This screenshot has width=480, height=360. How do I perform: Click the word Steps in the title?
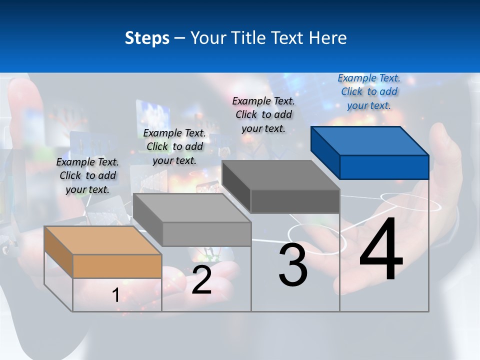pos(146,38)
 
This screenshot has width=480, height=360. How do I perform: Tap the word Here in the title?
pos(327,38)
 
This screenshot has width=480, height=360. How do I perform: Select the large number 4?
pos(381,250)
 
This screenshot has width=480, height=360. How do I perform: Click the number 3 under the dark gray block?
pos(293,265)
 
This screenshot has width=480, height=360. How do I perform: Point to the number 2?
pos(201,280)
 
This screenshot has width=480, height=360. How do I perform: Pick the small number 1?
pos(115,295)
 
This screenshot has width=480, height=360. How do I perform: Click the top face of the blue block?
pos(370,140)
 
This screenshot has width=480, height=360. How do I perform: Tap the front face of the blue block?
pos(384,167)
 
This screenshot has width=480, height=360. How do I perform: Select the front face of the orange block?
pos(117,266)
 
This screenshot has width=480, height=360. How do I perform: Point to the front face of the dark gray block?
pos(295,201)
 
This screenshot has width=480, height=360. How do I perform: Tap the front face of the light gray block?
pos(206,234)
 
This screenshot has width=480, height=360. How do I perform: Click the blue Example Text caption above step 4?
pos(369,91)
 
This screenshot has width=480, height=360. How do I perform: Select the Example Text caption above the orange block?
pos(87,175)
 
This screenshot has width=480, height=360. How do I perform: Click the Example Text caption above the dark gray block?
pos(263,114)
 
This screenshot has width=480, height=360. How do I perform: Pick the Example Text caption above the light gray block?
pos(174,146)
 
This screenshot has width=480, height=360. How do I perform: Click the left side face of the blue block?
pos(325,152)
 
